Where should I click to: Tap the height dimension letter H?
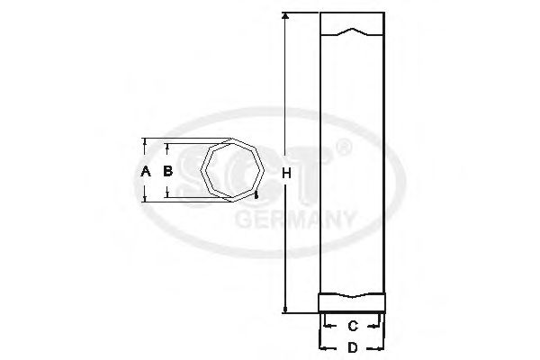(286, 172)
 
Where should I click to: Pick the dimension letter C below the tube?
(353, 325)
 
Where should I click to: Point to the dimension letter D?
(353, 346)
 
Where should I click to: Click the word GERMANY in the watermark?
(296, 219)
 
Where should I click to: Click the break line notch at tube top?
(353, 33)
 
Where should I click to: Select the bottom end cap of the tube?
(353, 303)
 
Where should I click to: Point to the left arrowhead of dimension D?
(321, 346)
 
